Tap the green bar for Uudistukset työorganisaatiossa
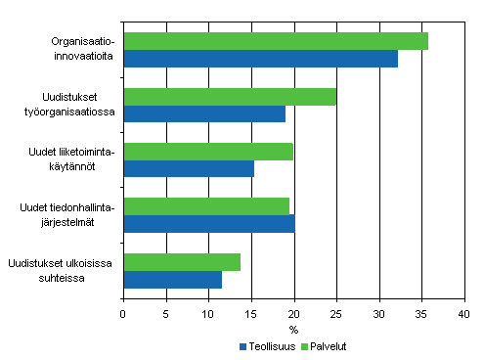click(230, 96)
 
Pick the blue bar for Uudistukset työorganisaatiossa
click(204, 113)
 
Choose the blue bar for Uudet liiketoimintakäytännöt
click(189, 168)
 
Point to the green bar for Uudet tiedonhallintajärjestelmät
click(206, 206)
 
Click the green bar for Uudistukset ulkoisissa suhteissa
click(182, 261)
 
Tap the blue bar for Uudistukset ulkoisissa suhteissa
click(172, 280)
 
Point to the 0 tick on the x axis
click(123, 314)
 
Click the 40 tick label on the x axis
click(463, 314)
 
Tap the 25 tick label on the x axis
click(335, 314)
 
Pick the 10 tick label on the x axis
click(208, 314)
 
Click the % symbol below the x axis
click(293, 329)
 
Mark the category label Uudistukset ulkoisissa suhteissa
click(61, 271)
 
